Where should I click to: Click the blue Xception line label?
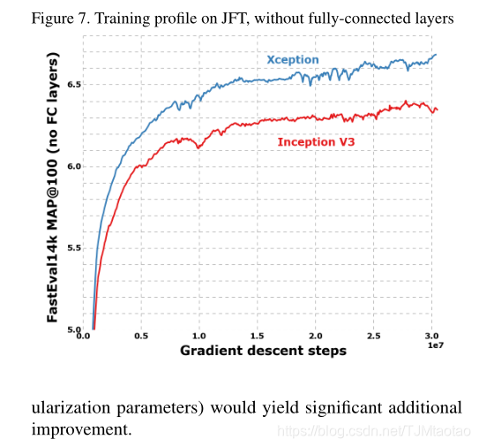coord(293,60)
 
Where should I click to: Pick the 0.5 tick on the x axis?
coord(140,337)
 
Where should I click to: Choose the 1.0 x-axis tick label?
coord(198,337)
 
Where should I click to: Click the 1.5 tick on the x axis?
coord(257,337)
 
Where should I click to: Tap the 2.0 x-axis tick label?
coord(315,337)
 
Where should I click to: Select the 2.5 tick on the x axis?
coord(373,337)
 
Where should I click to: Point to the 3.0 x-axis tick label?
coord(431,337)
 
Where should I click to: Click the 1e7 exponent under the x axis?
coord(435,348)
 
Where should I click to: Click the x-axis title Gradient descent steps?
coord(263,351)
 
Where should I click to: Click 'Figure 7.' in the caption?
coord(52,18)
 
